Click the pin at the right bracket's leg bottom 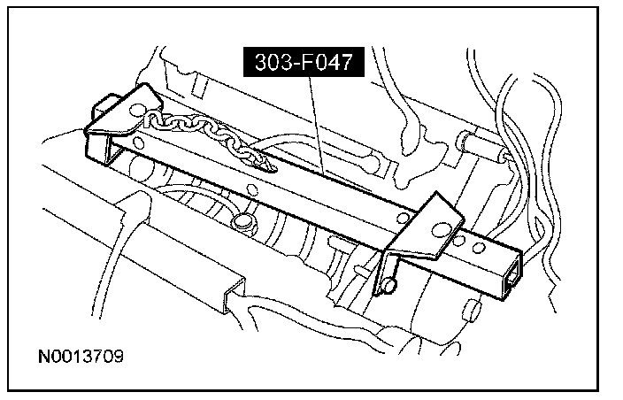(390, 287)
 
